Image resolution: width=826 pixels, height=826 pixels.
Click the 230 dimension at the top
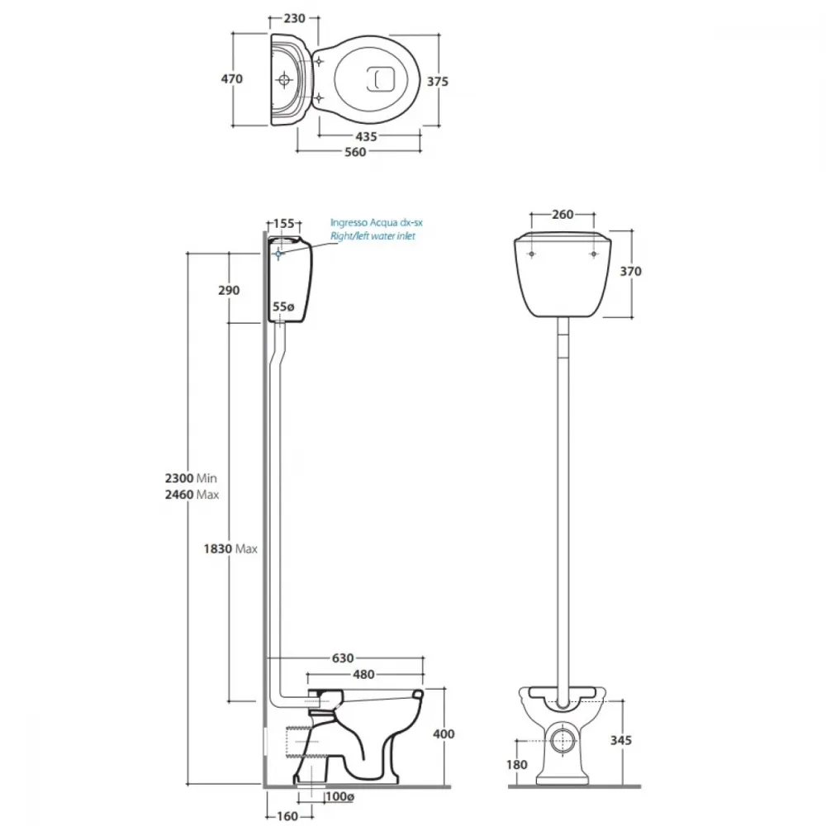coord(295,18)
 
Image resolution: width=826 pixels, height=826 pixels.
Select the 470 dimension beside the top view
coord(232,79)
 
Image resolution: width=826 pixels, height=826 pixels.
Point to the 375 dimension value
coord(438,82)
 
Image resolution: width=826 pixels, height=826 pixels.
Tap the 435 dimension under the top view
coord(366,137)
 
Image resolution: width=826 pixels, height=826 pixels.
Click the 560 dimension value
coord(355,152)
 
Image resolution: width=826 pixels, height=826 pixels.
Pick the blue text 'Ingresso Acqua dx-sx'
coord(376,222)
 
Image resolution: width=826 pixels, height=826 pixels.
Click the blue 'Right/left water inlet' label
coord(373,236)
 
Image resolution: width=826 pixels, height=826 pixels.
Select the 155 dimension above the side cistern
coord(284,223)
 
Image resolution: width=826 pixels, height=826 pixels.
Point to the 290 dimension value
coord(229,290)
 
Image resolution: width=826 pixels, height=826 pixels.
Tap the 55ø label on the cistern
coord(283,306)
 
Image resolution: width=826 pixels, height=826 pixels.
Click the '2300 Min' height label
coord(191,478)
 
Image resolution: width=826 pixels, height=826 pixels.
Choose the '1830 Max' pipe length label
coord(230,549)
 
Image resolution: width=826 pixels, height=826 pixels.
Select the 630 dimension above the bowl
coord(343,658)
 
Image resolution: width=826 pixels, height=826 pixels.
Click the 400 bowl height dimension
coord(444,733)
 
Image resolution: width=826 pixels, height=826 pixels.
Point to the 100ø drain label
coord(339,796)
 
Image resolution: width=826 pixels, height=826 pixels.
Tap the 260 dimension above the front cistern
coord(563,215)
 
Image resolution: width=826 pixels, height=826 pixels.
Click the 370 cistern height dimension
coord(630,271)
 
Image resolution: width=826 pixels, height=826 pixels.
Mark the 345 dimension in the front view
coord(621,740)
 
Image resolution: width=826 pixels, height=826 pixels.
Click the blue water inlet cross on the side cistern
coord(278,254)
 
